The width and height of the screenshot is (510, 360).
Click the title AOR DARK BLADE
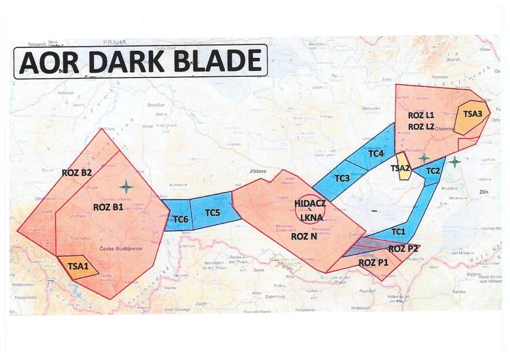click(141, 61)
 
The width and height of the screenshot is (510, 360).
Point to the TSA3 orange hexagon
click(473, 113)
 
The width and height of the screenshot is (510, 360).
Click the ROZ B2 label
click(77, 173)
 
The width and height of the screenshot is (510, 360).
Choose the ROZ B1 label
click(108, 207)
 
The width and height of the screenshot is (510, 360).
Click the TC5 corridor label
click(213, 212)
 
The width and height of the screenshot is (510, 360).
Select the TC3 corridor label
click(342, 178)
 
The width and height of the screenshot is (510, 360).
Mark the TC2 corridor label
click(432, 171)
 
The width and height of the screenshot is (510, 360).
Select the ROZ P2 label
click(404, 248)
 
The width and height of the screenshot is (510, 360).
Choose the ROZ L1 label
click(421, 115)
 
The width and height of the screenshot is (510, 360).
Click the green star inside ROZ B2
click(126, 187)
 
